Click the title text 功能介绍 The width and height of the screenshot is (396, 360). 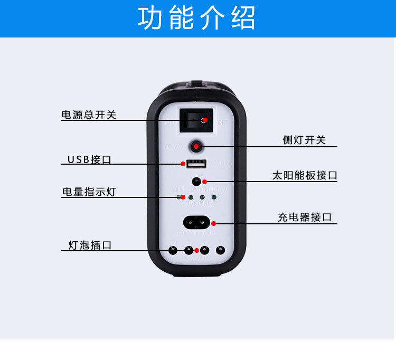[x=196, y=18]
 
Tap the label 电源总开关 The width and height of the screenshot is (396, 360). [x=89, y=115]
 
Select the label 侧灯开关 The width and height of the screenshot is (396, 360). [x=304, y=140]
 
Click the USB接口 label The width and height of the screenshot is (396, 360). [x=89, y=159]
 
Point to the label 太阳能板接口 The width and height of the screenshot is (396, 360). [x=305, y=176]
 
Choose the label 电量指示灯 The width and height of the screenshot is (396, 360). [x=89, y=192]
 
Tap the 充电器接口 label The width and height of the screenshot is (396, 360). [x=305, y=217]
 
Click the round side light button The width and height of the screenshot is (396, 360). [x=196, y=146]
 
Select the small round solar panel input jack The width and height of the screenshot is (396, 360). [x=196, y=181]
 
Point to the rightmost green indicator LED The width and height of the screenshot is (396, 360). [x=214, y=197]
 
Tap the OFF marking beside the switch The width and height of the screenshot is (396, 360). [x=222, y=122]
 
